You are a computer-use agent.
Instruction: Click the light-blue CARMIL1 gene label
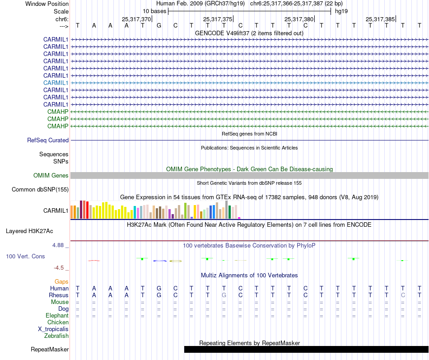56,83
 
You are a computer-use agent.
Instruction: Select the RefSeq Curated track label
48,140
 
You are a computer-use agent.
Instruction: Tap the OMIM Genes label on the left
51,176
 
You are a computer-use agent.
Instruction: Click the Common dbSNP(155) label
40,190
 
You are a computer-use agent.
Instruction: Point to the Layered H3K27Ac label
29,231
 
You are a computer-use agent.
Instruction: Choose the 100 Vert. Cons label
25,257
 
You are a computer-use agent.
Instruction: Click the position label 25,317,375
218,19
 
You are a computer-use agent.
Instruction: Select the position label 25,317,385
380,19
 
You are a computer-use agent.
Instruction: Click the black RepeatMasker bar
306,349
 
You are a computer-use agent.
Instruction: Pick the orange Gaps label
61,282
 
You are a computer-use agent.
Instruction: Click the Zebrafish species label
56,336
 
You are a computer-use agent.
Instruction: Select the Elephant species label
57,316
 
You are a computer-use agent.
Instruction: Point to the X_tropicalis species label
53,329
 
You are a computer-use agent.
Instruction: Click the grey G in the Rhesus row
224,295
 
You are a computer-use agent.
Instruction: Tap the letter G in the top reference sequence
159,25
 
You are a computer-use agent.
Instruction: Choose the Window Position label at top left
47,4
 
